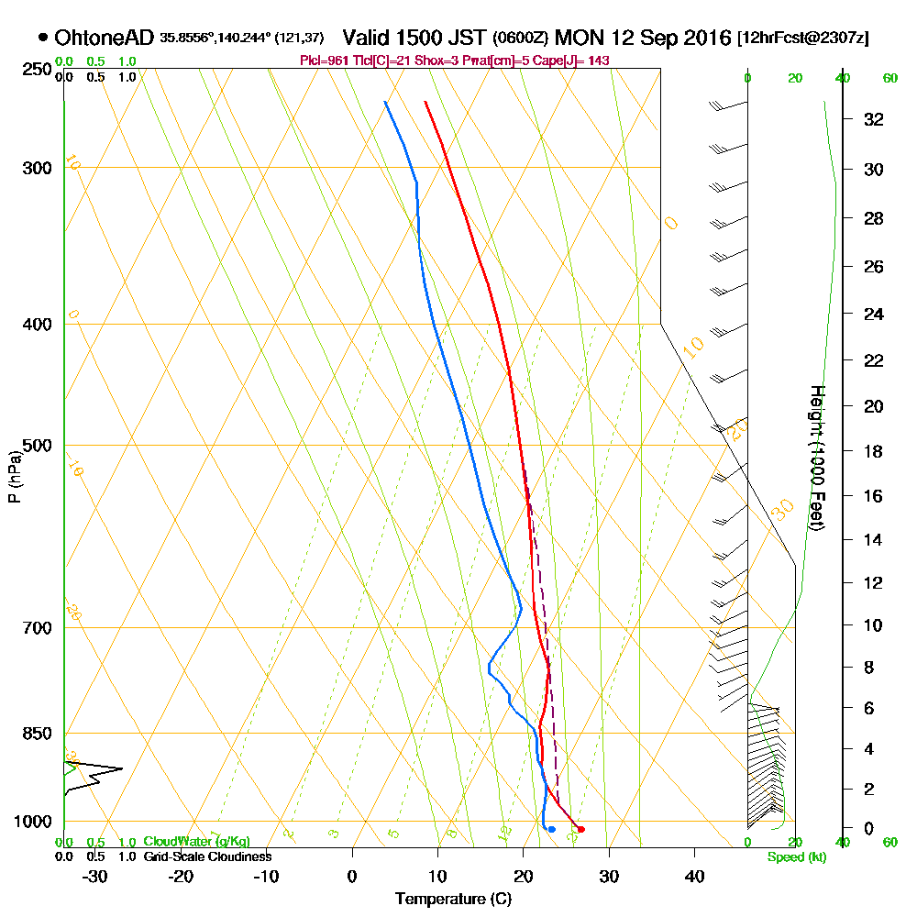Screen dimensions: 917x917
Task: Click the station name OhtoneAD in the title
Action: tap(104, 38)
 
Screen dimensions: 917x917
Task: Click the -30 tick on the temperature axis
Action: tap(95, 876)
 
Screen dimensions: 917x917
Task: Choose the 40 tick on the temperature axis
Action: tap(694, 876)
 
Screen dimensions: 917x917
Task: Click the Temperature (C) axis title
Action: tap(453, 900)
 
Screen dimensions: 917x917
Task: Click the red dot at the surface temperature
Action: tap(581, 829)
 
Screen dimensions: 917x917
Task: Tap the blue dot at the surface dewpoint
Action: tap(551, 829)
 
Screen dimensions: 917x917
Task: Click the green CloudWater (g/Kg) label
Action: tap(196, 842)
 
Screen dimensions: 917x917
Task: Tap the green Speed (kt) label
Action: tap(794, 857)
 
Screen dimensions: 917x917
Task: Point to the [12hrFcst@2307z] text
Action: tap(802, 38)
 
